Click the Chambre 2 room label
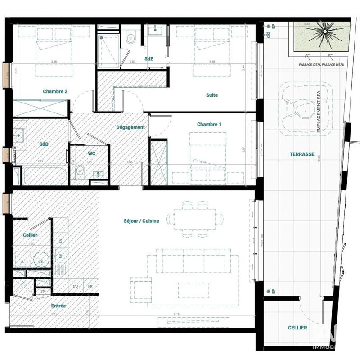[x=55, y=91]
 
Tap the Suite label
[x=211, y=95]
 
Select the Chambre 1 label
[x=209, y=124]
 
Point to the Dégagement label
[x=130, y=127]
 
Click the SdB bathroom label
[x=44, y=144]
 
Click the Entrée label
[x=58, y=306]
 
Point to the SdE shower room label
[x=148, y=59]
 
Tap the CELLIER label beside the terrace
[x=297, y=328]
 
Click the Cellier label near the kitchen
[x=30, y=235]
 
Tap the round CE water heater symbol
[x=40, y=260]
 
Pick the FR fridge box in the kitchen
[x=90, y=286]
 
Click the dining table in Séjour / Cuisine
[x=196, y=219]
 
